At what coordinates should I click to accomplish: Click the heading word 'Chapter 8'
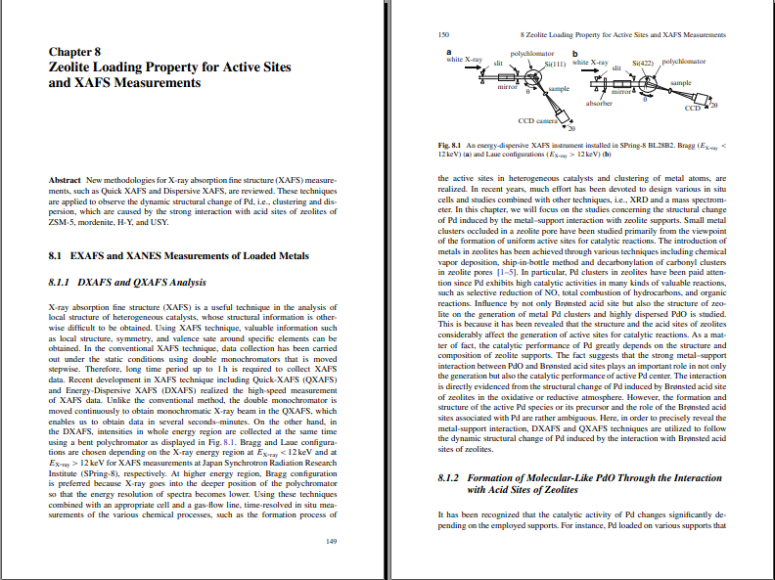point(74,52)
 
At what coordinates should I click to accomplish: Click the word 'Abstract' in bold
point(64,181)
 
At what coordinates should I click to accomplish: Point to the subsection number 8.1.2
point(451,477)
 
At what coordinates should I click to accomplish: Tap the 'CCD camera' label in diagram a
point(537,120)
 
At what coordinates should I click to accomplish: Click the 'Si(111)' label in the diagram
point(556,61)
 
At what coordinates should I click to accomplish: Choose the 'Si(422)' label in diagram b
point(644,62)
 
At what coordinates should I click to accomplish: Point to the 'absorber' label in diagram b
point(598,102)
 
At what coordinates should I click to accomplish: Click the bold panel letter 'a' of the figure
point(449,50)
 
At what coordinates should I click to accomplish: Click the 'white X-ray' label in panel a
point(465,60)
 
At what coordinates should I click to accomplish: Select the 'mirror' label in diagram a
point(508,87)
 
